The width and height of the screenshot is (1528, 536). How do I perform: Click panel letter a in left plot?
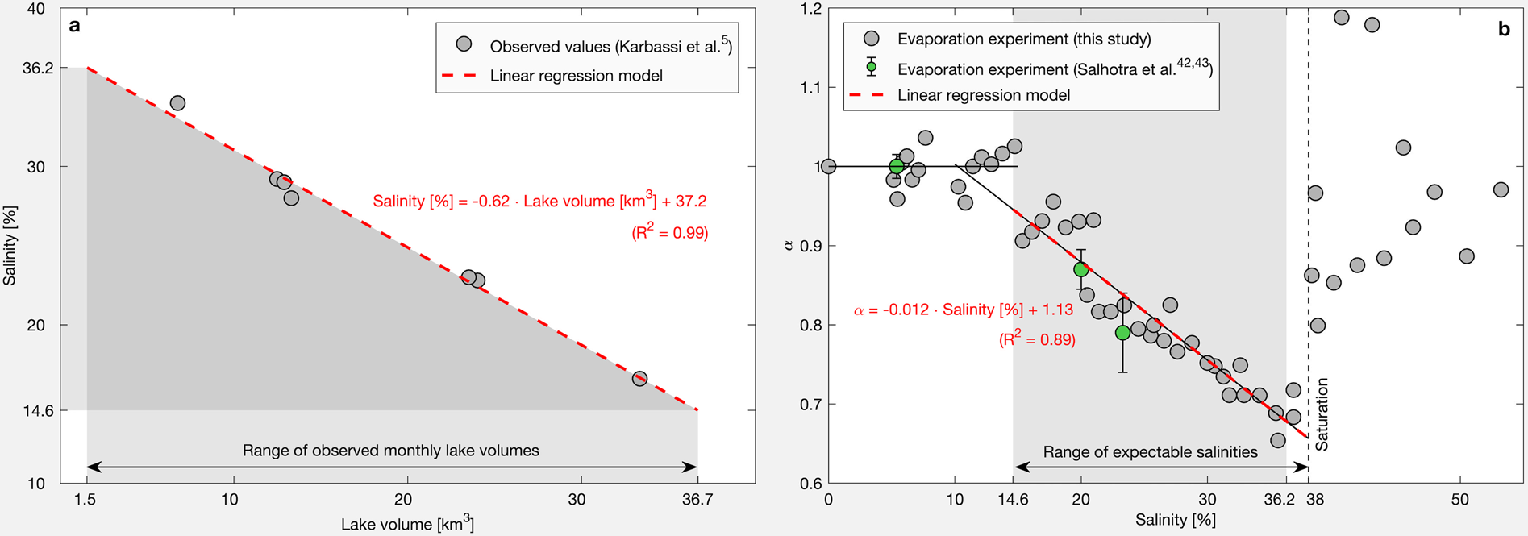coord(75,26)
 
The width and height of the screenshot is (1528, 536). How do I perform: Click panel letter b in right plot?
coord(1504,30)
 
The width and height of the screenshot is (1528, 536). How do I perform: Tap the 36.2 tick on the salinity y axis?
coord(38,69)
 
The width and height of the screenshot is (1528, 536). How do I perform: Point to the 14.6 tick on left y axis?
coord(38,410)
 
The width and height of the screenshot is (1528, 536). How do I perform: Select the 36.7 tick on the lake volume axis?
coord(697,500)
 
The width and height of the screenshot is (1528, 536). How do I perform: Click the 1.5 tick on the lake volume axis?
coord(85,500)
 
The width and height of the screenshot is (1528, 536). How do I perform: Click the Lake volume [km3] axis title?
coord(407,524)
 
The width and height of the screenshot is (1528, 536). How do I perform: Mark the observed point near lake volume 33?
coord(639,378)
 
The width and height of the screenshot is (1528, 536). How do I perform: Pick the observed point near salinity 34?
coord(177,103)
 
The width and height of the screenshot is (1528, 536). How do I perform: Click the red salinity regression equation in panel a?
coord(539,201)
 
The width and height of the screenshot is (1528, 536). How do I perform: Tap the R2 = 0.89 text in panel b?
coord(1037,339)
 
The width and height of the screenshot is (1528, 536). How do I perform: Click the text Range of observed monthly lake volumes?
coord(391,451)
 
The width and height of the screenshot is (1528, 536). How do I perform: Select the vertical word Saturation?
coord(1322,414)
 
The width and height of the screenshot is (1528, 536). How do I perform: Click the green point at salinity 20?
coord(1080,269)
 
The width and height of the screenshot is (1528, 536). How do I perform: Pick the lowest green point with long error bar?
coord(1122,333)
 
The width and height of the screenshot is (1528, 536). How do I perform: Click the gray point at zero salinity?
coord(828,167)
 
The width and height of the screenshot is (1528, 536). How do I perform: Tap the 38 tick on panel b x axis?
coord(1315,500)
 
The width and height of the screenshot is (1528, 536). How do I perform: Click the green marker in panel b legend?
coord(871,68)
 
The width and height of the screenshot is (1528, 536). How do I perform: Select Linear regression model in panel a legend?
coord(576,76)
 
